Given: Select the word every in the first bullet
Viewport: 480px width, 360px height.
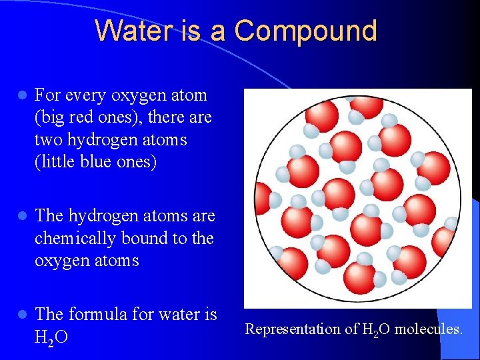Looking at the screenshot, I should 90,95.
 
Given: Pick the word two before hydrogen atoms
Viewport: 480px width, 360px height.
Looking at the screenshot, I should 50,140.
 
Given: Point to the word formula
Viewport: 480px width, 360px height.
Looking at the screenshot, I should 101,313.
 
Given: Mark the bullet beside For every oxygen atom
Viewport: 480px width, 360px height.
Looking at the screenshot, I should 22,96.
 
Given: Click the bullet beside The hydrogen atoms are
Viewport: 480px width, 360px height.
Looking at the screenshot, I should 22,216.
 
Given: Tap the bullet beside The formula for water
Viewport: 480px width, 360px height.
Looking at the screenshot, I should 22,314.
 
